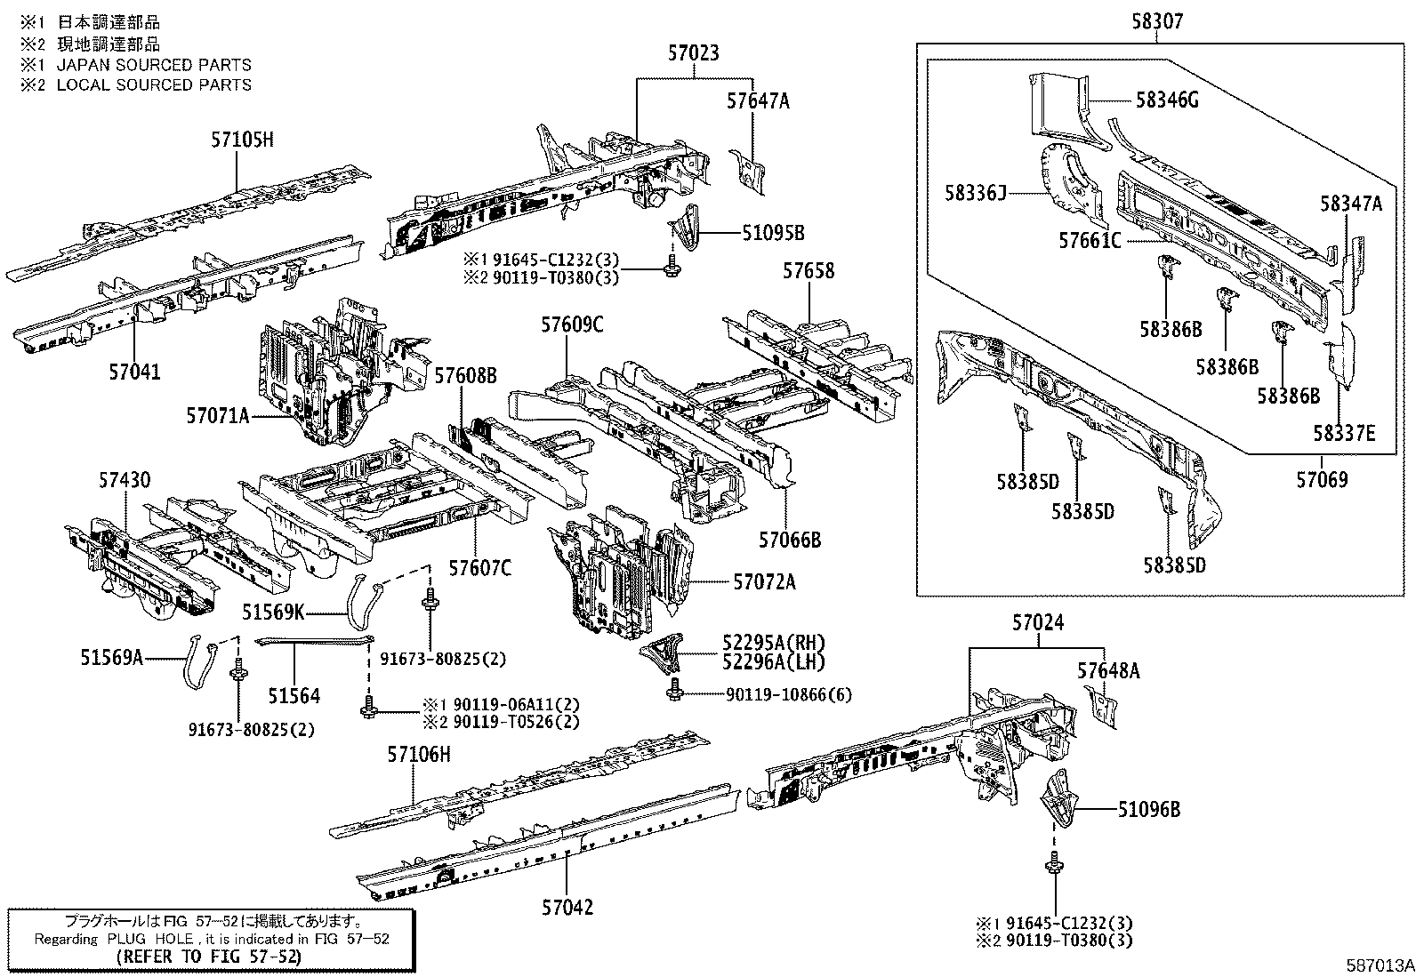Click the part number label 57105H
pos(242,140)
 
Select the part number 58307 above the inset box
pos(1157,21)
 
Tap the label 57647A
pos(757,101)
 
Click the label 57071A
pos(218,415)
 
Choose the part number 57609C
pos(571,325)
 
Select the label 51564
pos(294,697)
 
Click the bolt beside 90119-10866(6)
pos(672,692)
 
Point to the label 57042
pos(567,908)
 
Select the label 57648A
pos(1107,671)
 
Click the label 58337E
pos(1344,433)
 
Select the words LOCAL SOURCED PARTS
pos(154,85)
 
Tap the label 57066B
pos(789,540)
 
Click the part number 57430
pos(125,481)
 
